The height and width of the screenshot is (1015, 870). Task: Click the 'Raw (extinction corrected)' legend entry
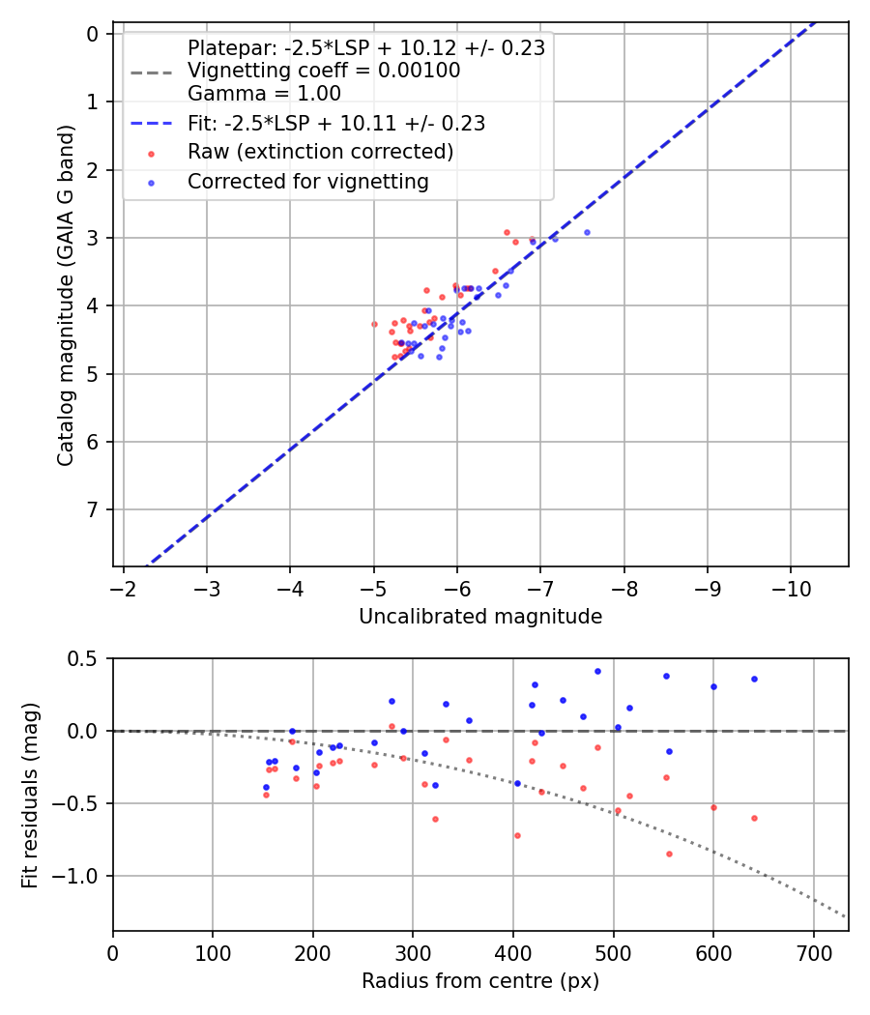[320, 152]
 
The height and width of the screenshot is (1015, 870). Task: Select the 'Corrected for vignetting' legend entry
[308, 181]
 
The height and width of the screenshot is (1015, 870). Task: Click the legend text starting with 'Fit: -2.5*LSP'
[335, 124]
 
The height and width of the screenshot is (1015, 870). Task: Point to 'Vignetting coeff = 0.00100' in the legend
[324, 71]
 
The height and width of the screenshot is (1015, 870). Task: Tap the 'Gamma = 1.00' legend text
[264, 94]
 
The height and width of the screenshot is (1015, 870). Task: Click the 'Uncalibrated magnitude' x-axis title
[480, 617]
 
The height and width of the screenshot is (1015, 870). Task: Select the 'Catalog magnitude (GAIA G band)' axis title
[66, 294]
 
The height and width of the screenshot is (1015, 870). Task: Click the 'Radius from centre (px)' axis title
[480, 981]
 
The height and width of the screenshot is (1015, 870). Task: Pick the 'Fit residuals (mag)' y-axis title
[30, 795]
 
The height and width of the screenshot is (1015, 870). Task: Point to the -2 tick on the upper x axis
[124, 590]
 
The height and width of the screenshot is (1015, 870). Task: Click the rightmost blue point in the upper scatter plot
[587, 232]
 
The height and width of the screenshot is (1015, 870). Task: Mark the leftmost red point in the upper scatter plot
[375, 324]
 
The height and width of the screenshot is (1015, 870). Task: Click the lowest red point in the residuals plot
[669, 854]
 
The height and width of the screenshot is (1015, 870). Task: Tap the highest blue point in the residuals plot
[597, 671]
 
